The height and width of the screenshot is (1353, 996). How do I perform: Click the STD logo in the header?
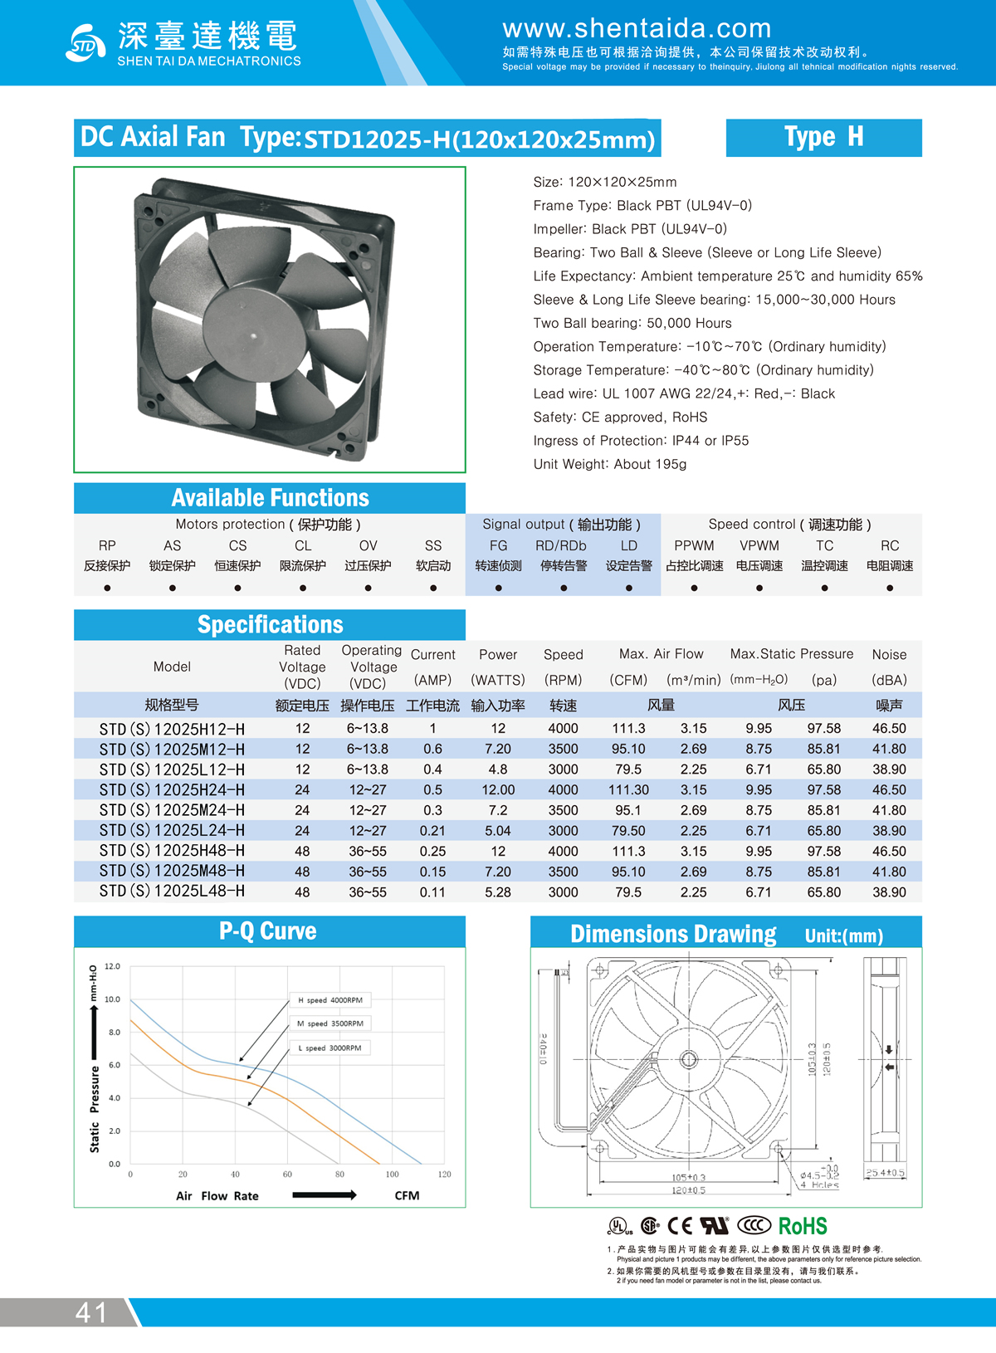[85, 43]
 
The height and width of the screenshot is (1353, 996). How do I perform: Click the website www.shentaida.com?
[637, 28]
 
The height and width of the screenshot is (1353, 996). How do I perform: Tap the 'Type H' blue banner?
[823, 137]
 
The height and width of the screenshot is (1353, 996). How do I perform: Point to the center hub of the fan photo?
[253, 336]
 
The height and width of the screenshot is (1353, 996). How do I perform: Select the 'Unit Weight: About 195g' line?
[610, 464]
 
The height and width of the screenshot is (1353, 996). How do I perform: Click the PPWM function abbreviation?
[694, 545]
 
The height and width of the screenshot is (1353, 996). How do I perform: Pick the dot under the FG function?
[498, 588]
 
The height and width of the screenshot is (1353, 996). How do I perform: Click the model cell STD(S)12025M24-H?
[172, 810]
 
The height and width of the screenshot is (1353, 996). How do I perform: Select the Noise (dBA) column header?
[889, 667]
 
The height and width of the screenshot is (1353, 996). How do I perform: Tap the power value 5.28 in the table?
[498, 892]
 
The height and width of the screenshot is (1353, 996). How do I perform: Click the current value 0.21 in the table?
[432, 831]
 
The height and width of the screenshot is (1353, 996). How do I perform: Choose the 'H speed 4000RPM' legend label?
[330, 1000]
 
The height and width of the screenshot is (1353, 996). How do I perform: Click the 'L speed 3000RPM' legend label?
[330, 1048]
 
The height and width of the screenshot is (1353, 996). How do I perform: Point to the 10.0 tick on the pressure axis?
[112, 999]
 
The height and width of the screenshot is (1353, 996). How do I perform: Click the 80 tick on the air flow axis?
[339, 1175]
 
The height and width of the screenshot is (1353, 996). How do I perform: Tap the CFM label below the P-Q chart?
[407, 1196]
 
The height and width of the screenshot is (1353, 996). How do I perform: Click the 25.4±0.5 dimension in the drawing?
[885, 1173]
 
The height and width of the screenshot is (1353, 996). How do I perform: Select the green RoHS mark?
[803, 1226]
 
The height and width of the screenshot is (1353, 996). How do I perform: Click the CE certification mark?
[680, 1226]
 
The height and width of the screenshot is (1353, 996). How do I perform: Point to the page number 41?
[91, 1312]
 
